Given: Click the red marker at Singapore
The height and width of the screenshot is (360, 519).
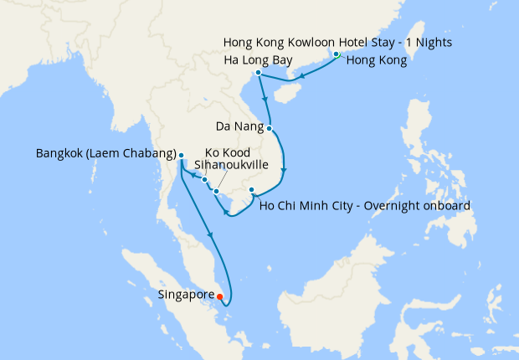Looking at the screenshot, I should click(220, 296).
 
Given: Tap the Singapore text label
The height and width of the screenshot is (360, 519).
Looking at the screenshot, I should click(185, 295).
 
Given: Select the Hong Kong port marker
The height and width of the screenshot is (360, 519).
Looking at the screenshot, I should click(337, 54).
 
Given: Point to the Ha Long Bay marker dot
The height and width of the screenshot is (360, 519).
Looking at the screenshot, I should click(259, 73).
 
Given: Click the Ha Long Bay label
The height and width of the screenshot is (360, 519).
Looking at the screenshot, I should click(259, 60).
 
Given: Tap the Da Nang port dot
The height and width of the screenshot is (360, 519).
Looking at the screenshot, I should click(270, 128).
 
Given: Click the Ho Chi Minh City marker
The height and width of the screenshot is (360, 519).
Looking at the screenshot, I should click(252, 191).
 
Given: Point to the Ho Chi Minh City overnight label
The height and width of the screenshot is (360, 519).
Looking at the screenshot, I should click(366, 205).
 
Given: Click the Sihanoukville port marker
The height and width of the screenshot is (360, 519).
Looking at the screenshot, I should click(217, 192).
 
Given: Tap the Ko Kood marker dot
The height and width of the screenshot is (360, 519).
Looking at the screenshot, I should click(204, 179).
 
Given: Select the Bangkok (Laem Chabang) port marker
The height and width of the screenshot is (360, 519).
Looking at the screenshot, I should click(181, 155).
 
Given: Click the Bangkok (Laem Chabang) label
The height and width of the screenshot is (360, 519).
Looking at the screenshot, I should click(105, 154).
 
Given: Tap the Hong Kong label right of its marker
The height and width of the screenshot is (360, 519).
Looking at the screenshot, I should click(376, 60).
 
